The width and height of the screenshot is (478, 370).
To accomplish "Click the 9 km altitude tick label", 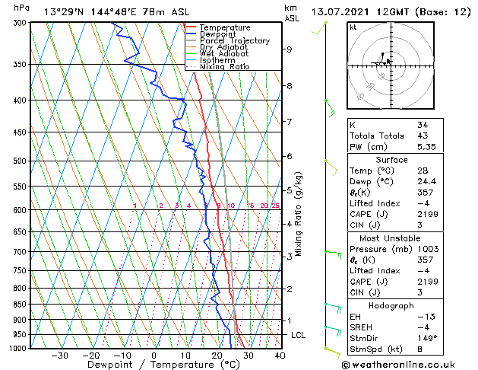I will pos(290,49).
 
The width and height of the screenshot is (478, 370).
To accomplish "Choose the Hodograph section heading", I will pos(391,305).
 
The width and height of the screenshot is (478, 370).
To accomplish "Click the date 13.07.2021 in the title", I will pos(346,11).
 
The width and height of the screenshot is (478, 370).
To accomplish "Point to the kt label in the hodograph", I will pos(353,27).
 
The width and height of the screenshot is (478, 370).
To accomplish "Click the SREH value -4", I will pos(423,327).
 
